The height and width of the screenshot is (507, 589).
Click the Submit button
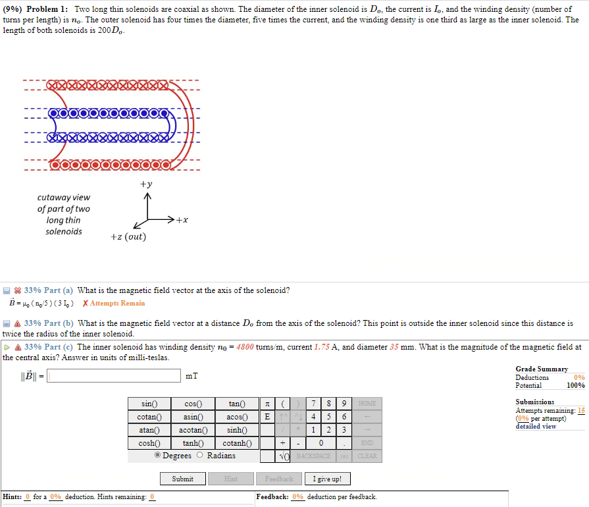click(x=182, y=479)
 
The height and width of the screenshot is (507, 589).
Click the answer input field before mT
click(x=113, y=376)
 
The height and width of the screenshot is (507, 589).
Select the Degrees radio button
click(x=158, y=456)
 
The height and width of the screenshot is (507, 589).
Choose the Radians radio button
click(x=201, y=456)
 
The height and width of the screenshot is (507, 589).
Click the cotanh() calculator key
click(x=234, y=443)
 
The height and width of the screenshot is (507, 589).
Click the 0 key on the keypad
click(x=320, y=443)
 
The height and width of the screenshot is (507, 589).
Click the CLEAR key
click(x=367, y=456)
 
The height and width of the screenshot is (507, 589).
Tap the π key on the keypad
click(x=267, y=404)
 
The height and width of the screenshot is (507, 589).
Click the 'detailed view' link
click(x=536, y=426)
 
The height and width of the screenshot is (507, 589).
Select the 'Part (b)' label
click(x=59, y=323)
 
